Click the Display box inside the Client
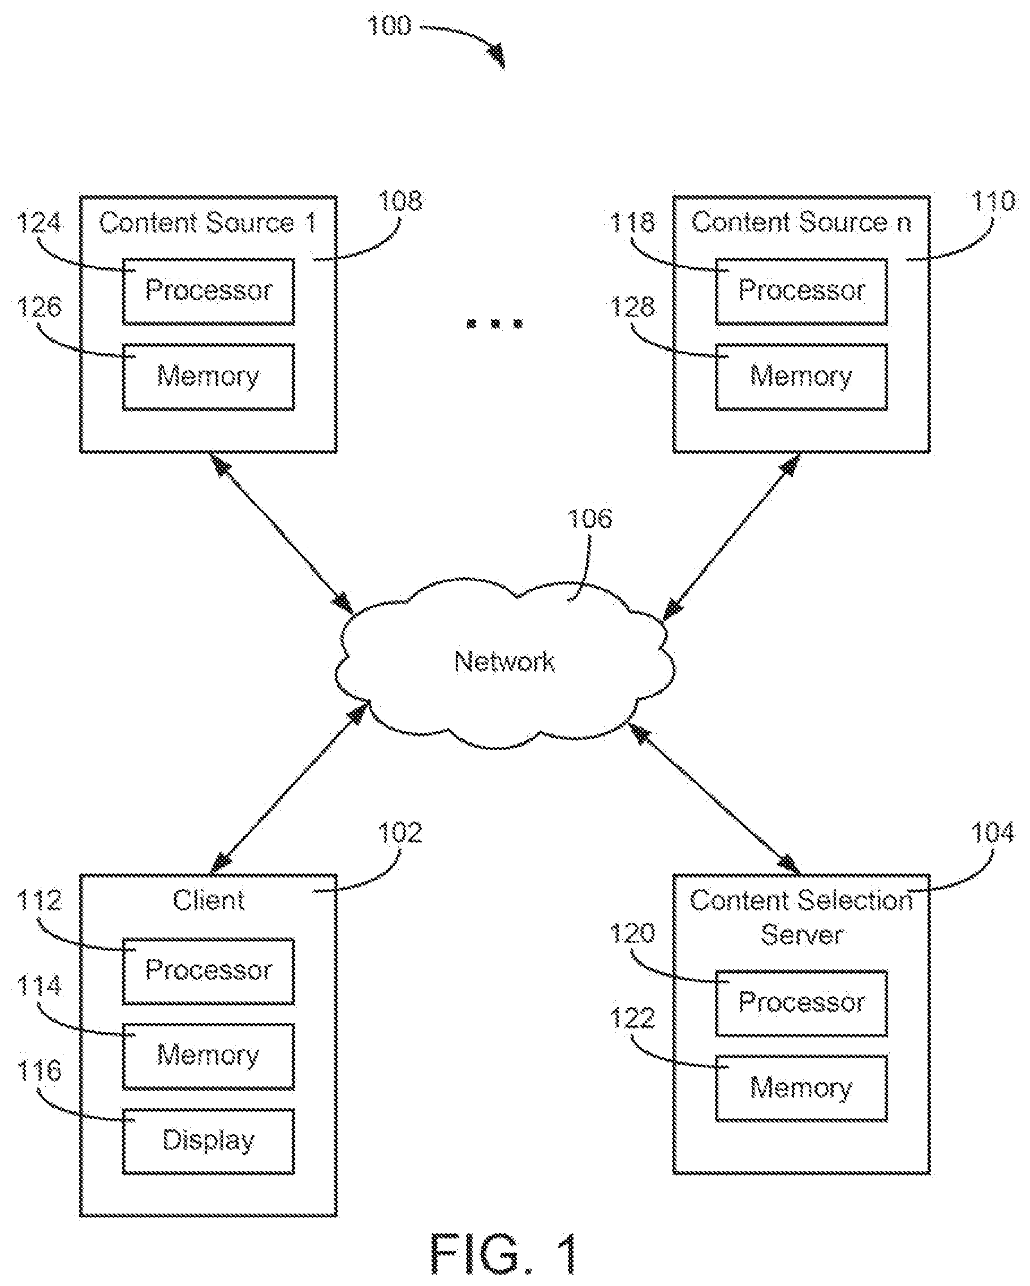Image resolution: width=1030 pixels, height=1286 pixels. (209, 1141)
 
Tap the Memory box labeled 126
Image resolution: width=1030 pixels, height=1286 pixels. (209, 376)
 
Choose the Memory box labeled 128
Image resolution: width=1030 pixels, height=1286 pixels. (801, 376)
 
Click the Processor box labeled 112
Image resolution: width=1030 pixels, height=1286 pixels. (209, 971)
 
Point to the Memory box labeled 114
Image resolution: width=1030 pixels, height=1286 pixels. (209, 1056)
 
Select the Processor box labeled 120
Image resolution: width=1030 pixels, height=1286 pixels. (801, 1003)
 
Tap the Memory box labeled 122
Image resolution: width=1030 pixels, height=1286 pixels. (801, 1089)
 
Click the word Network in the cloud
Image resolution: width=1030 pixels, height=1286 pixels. (505, 661)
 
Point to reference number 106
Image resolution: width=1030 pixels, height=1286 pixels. (589, 518)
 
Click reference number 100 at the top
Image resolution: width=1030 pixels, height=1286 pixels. (389, 25)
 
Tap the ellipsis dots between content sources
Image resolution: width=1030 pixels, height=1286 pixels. (494, 324)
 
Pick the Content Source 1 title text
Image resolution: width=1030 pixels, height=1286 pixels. (208, 223)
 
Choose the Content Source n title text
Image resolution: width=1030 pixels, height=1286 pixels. (801, 222)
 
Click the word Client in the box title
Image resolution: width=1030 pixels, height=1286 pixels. (209, 901)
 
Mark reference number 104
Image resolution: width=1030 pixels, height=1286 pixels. (993, 832)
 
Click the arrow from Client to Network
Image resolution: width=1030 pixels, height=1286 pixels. (288, 789)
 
